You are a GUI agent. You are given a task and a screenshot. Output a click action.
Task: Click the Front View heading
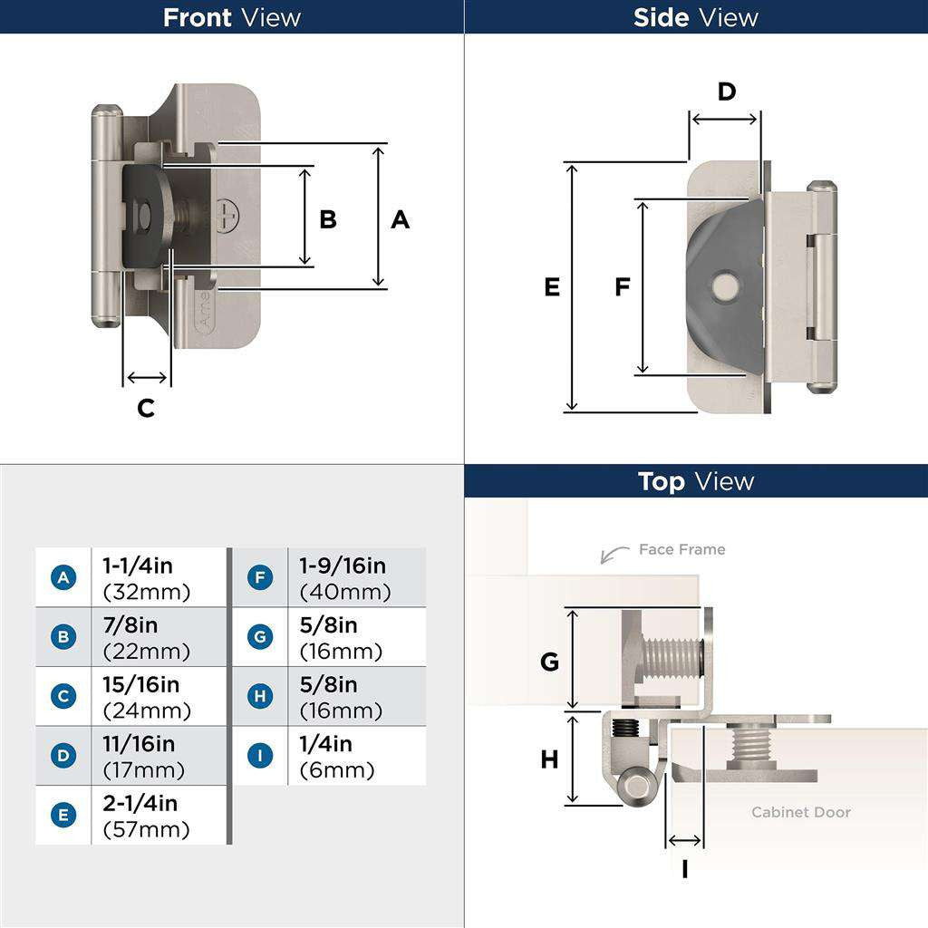click(x=231, y=17)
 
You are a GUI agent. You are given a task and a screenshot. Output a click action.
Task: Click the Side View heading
click(x=695, y=17)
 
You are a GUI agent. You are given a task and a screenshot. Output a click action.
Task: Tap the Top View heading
click(x=695, y=481)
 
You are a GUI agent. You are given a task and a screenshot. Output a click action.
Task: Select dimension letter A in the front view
click(x=400, y=219)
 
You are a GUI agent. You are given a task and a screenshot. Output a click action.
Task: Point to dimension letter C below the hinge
click(x=146, y=408)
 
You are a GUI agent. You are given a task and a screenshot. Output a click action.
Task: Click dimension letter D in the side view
click(x=727, y=92)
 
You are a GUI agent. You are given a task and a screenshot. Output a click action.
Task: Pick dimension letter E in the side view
click(x=552, y=287)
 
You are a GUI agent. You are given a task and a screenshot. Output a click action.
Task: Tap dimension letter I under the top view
click(x=684, y=869)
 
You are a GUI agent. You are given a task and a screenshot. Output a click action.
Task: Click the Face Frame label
click(x=681, y=549)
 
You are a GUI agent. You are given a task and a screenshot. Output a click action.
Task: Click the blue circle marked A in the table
click(x=63, y=577)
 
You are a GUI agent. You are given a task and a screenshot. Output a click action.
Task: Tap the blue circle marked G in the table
click(x=260, y=637)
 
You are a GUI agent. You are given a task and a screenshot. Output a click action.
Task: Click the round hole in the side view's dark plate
click(x=724, y=287)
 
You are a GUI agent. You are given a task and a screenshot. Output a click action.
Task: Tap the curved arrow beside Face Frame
click(x=614, y=554)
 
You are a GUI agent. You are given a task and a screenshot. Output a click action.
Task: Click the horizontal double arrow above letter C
click(x=147, y=378)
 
